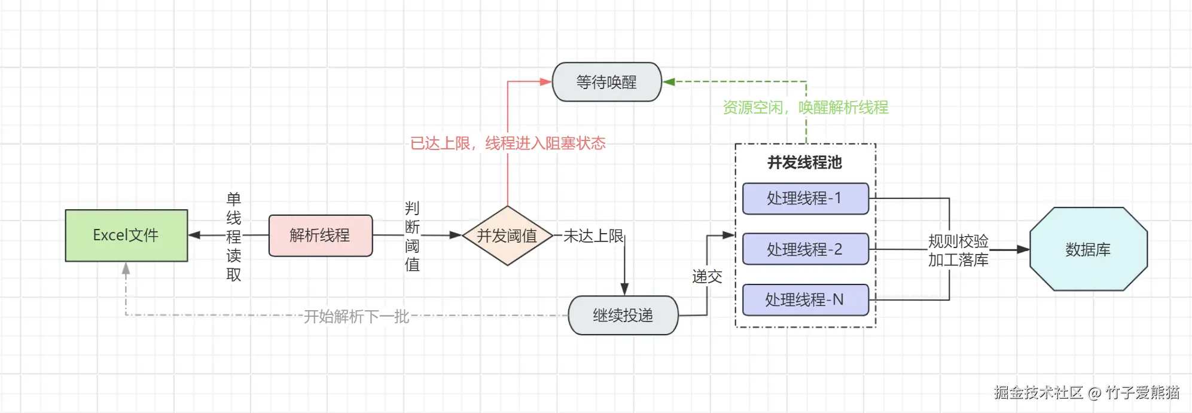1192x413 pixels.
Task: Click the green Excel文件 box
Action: tap(126, 235)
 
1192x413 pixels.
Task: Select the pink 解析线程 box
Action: tap(320, 235)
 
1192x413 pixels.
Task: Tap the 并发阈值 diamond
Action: tap(507, 236)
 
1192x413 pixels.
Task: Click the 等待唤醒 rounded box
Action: tap(606, 82)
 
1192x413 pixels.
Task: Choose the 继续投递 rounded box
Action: tap(623, 315)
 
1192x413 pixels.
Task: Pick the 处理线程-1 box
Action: tap(805, 198)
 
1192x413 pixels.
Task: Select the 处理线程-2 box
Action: tap(805, 249)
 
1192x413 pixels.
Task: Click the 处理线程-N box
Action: tap(805, 299)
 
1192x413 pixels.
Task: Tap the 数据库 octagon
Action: tap(1088, 249)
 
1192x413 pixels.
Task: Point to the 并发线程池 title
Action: tap(805, 163)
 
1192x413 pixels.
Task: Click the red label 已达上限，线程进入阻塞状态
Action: tap(508, 143)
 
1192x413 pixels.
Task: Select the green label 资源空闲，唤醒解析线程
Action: tap(806, 108)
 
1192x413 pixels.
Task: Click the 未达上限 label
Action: tap(593, 236)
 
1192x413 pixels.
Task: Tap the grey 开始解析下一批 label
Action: tap(356, 316)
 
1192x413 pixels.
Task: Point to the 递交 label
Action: tap(707, 276)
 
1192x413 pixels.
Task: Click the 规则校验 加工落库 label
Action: tap(958, 250)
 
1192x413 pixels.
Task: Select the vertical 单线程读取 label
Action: tap(234, 237)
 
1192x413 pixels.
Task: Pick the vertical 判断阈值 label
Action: tap(412, 237)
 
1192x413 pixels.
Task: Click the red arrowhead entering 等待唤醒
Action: tap(545, 82)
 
